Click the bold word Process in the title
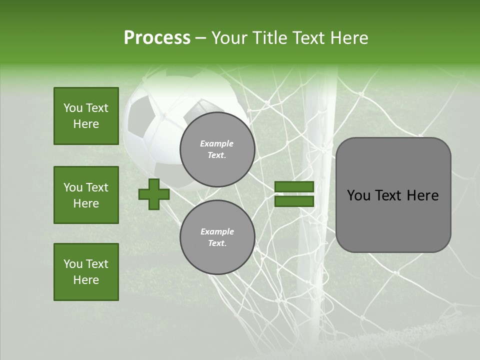tap(157, 38)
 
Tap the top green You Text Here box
tap(86, 116)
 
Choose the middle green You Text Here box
tap(86, 195)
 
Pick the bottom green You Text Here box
tap(86, 272)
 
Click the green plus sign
tap(154, 194)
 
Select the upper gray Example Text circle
tap(217, 149)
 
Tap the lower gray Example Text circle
tap(217, 237)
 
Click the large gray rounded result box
tap(393, 195)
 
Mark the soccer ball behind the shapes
tap(150, 125)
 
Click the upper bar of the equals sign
tap(294, 187)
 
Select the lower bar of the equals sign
tap(294, 201)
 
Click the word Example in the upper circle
tap(217, 144)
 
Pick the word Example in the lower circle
tap(217, 232)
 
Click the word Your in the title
tap(228, 38)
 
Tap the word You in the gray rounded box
tap(358, 195)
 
